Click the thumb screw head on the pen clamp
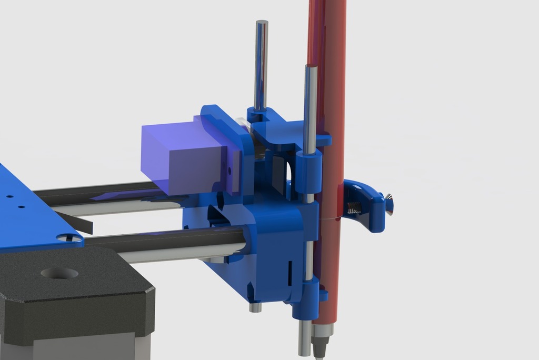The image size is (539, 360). coord(388,204)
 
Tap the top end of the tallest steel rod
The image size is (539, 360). coord(262,23)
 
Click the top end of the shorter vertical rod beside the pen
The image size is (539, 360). coord(311,67)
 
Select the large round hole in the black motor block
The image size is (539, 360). coord(59,273)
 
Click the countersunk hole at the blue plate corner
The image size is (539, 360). coord(70,238)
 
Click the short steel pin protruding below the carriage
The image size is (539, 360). coord(255,306)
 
